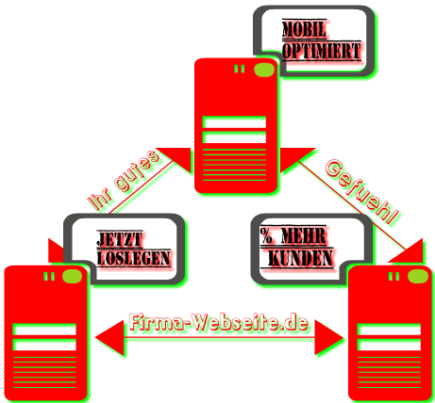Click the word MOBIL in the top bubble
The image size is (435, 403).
click(304, 30)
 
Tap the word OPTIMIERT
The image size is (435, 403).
click(321, 51)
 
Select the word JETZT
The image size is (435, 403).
click(120, 240)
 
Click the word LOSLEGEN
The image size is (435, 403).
click(134, 258)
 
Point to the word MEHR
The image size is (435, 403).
click(304, 235)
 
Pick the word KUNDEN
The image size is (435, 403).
click(300, 258)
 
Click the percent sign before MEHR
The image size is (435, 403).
click(266, 235)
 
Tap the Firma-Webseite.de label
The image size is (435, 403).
click(219, 322)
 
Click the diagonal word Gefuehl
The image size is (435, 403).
click(361, 192)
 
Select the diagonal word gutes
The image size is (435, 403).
click(137, 171)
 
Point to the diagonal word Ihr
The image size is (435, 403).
click(100, 200)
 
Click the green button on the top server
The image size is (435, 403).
click(264, 70)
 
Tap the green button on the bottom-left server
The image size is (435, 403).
click(72, 276)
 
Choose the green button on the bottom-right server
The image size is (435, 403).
click(418, 277)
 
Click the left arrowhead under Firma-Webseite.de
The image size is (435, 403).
click(109, 338)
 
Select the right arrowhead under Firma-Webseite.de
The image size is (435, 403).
click(328, 338)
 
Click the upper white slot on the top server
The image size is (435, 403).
click(234, 122)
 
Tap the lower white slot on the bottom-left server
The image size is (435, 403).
click(44, 345)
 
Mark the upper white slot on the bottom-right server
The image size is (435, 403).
click(389, 330)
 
